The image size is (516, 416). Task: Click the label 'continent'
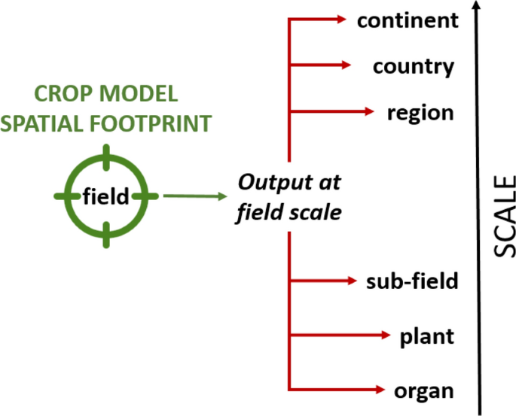tap(408, 20)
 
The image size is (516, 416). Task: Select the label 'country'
tap(414, 66)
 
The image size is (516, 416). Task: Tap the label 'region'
tap(420, 113)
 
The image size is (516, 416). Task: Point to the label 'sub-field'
tap(412, 281)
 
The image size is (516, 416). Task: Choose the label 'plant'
tap(426, 336)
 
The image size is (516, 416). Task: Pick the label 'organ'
tap(424, 390)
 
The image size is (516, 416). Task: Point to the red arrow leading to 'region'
tap(331, 112)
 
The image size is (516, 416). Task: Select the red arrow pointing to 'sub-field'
tap(324, 281)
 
